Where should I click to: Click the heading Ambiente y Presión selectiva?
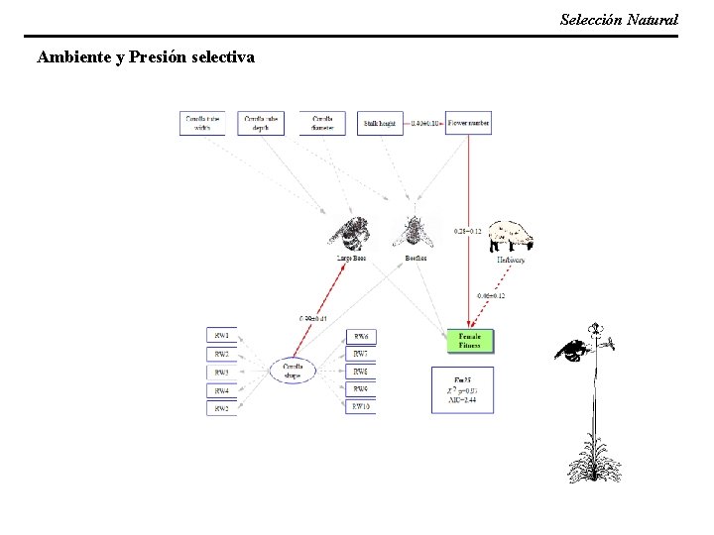[145, 57]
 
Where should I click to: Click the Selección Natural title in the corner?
[619, 19]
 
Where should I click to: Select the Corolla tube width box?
[202, 122]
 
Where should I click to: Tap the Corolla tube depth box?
[261, 122]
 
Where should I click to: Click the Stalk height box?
[381, 123]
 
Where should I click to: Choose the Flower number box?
[468, 123]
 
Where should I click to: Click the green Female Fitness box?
[469, 340]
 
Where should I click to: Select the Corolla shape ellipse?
[293, 371]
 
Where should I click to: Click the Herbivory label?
[511, 261]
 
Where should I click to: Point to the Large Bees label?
[350, 259]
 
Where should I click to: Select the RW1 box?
[221, 336]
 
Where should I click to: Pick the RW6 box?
[360, 336]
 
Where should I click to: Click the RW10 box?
[360, 407]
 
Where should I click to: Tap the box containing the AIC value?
[463, 390]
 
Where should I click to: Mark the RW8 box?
[360, 372]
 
